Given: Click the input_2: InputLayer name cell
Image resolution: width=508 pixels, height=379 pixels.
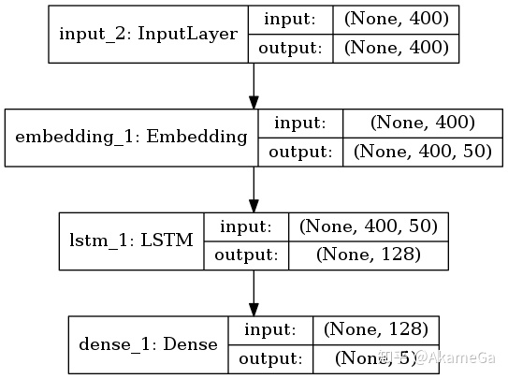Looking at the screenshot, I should (x=149, y=36).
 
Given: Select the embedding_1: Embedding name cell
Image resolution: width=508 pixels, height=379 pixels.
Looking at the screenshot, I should (x=132, y=137).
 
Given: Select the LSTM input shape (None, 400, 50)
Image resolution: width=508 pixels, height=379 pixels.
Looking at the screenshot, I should (x=368, y=226).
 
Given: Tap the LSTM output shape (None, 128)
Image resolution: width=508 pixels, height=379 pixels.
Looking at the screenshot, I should (x=368, y=255).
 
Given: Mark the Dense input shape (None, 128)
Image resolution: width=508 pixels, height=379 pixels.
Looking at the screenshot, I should (x=375, y=328).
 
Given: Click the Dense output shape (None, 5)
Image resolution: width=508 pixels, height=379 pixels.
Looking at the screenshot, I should (x=375, y=357).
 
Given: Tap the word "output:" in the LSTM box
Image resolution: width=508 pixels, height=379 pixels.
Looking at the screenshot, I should (x=246, y=255).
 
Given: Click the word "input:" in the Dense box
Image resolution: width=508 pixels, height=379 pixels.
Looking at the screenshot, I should (x=269, y=328).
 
